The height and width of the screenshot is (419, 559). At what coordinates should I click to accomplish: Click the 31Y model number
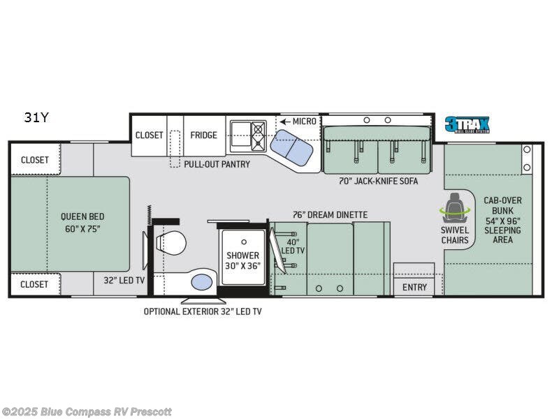36,117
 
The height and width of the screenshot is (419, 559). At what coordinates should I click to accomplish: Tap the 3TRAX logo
467,125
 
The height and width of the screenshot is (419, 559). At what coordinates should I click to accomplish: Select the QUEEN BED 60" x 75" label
82,222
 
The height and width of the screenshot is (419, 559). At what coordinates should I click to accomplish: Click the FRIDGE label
204,135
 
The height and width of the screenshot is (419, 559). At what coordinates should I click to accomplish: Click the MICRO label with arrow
298,122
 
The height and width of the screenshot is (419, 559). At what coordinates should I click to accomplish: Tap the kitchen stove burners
259,135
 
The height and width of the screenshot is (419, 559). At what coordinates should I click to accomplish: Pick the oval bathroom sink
201,281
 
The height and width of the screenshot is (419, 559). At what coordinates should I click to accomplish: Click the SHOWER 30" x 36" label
242,260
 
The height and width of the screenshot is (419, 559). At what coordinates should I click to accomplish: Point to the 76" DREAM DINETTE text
329,214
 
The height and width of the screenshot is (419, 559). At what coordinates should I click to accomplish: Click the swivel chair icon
455,207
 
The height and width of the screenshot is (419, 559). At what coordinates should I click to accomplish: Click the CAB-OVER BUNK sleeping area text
502,219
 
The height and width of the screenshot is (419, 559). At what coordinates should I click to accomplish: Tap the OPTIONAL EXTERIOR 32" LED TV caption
203,311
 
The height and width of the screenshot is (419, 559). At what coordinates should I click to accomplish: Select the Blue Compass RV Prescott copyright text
87,411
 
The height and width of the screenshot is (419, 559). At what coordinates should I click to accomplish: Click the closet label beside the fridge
149,135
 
